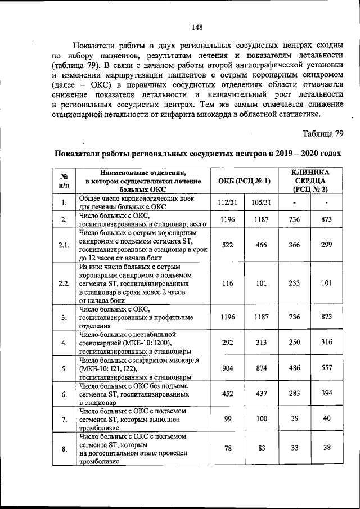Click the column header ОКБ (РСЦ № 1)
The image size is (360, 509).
click(244, 181)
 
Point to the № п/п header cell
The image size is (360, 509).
click(65, 181)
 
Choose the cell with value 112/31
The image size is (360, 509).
click(227, 202)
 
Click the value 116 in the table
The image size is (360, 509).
click(227, 283)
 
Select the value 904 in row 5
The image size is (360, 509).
click(227, 368)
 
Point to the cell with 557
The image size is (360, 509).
click(327, 368)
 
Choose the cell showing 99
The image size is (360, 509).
click(227, 420)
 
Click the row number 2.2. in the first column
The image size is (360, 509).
click(65, 283)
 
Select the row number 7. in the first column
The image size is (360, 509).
click(65, 420)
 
